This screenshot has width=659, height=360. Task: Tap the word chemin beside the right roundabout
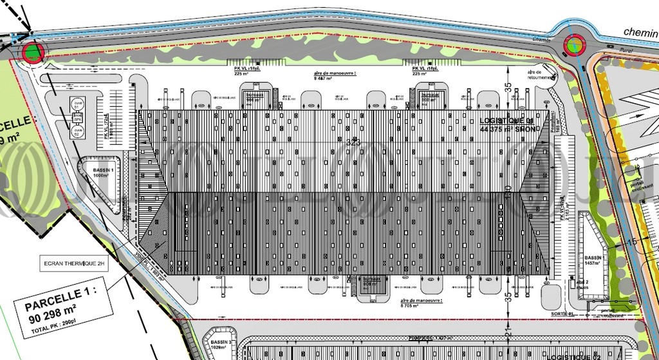pyautogui.click(x=640, y=32)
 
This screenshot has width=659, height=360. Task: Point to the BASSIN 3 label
pyautogui.click(x=221, y=343)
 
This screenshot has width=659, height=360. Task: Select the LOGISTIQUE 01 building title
pyautogui.click(x=506, y=121)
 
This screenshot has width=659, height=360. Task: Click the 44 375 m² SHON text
pyautogui.click(x=507, y=129)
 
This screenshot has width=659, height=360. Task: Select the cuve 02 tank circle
pyautogui.click(x=77, y=131)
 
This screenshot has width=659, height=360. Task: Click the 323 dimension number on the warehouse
pyautogui.click(x=353, y=141)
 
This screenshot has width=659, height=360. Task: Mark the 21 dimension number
pyautogui.click(x=508, y=334)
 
